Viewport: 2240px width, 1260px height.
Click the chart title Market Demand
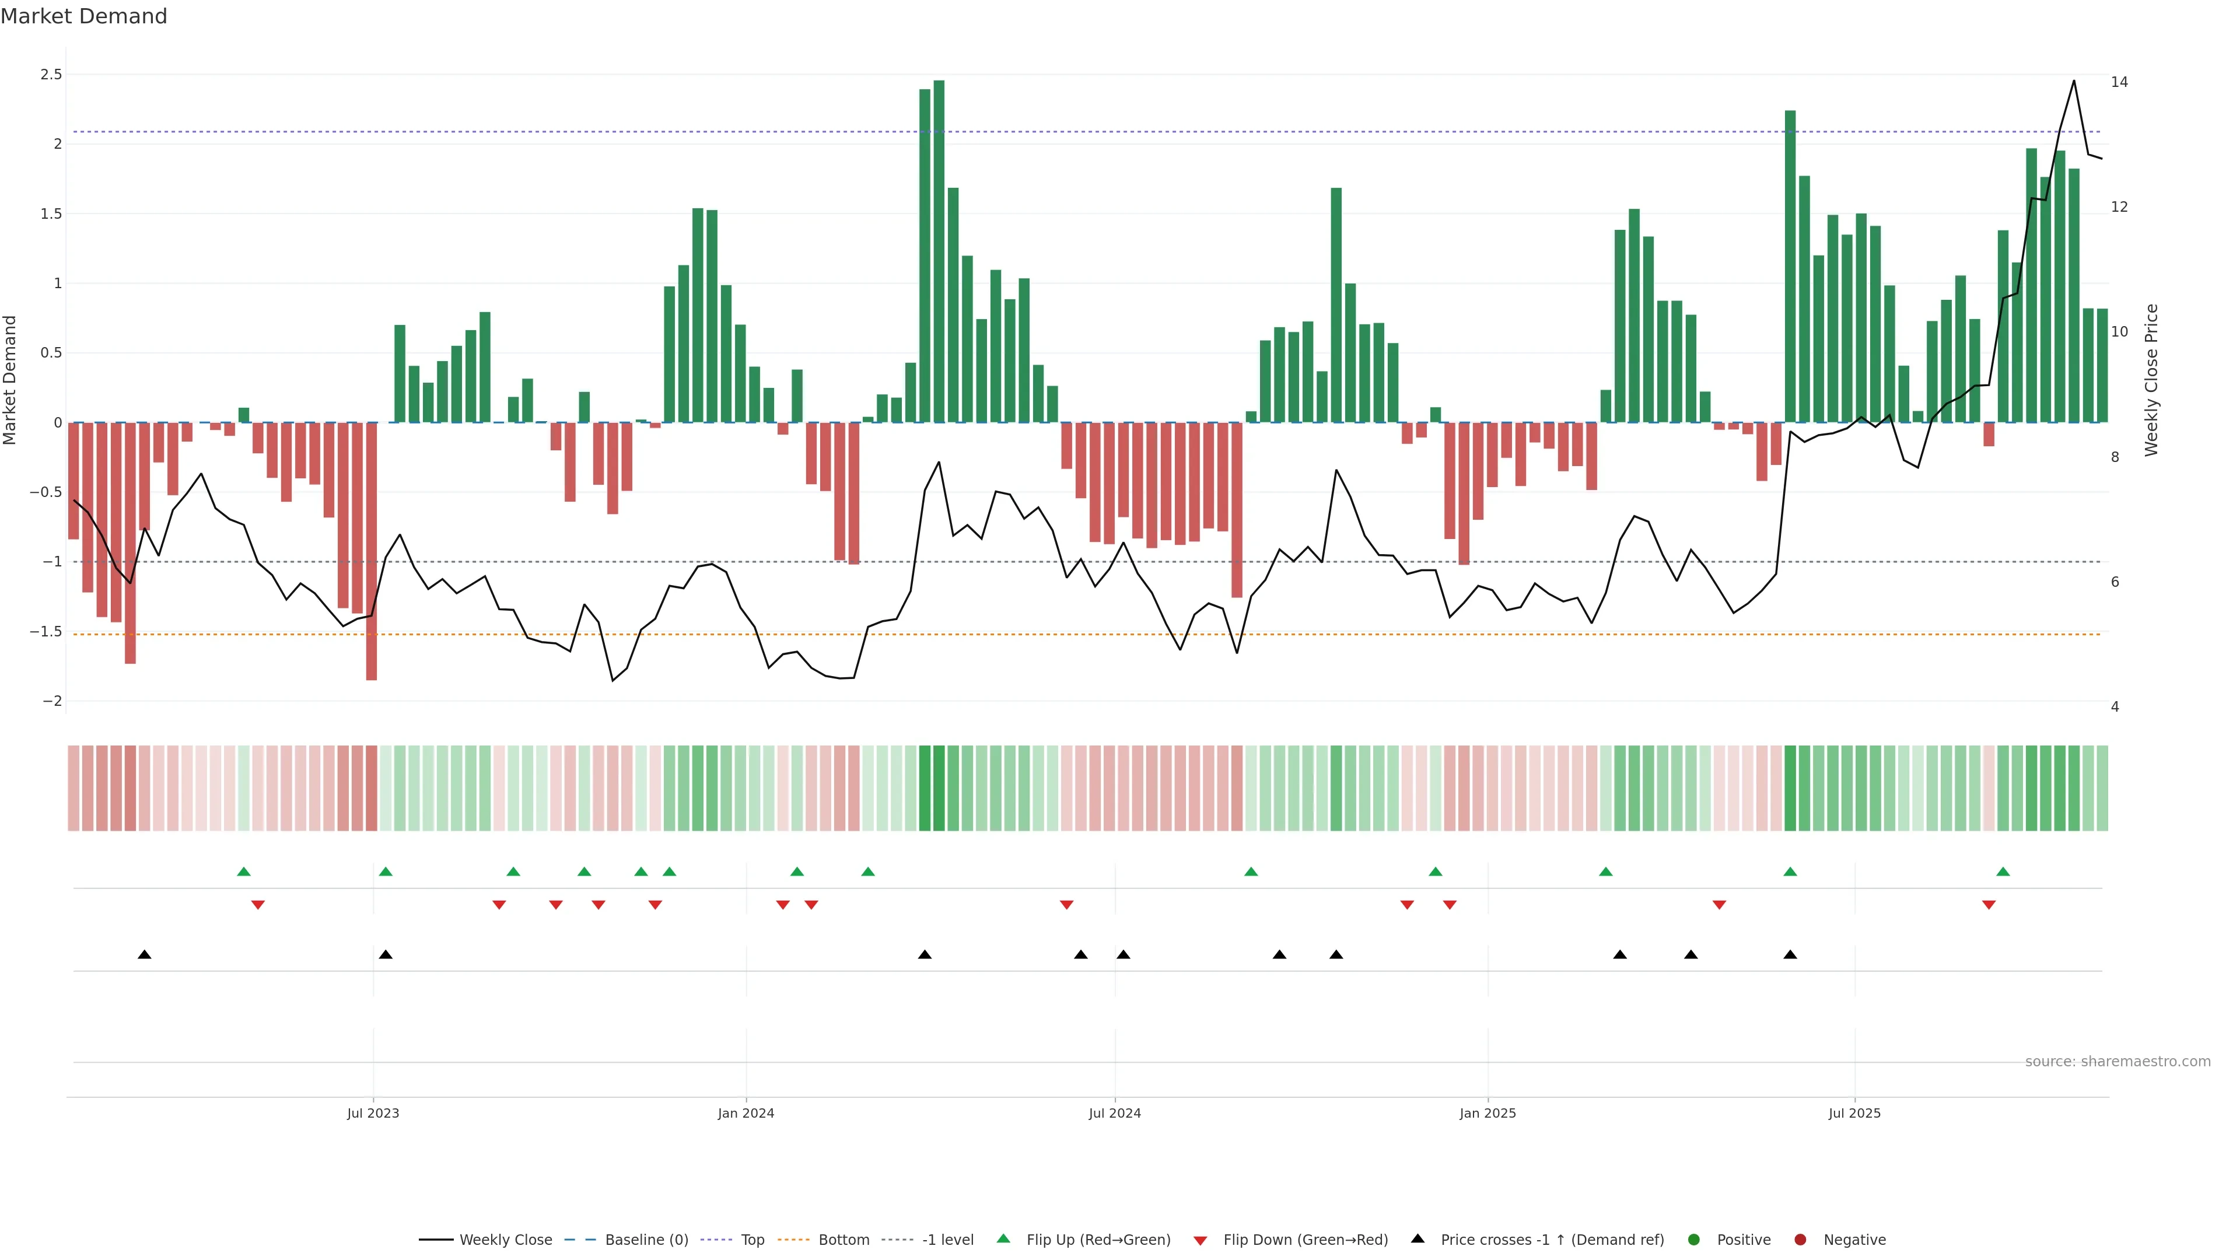click(x=83, y=16)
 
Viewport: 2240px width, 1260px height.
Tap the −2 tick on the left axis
click(x=51, y=701)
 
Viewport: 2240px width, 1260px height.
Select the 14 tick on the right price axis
click(x=2119, y=82)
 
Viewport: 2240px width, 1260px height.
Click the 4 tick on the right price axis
click(x=2115, y=707)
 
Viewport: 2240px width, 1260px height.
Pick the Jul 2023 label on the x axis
click(x=373, y=1113)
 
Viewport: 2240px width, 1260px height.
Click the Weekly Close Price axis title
click(x=2151, y=380)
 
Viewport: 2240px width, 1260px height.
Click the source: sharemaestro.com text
click(x=2117, y=1062)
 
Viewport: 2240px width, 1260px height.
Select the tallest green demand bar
click(x=939, y=252)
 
